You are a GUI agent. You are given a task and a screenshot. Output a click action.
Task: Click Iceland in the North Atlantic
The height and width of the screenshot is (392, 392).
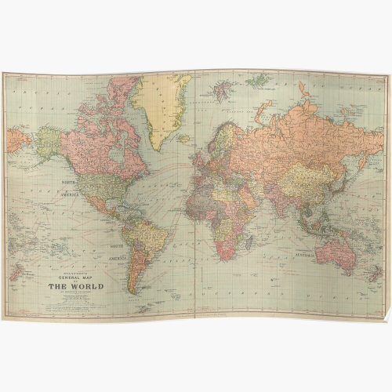(x=183, y=138)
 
